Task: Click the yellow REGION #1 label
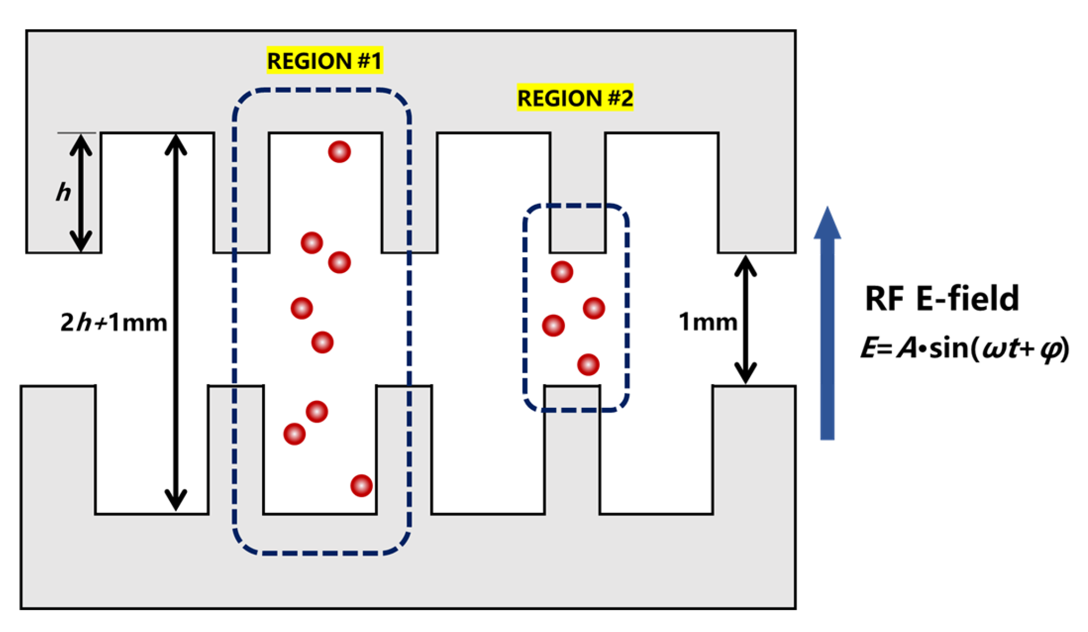(x=324, y=61)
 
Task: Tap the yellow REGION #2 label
(x=575, y=98)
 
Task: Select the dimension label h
(x=64, y=193)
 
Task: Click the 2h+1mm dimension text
(x=114, y=322)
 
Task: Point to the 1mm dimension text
(x=708, y=322)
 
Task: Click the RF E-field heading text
(x=942, y=298)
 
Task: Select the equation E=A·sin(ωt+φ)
(x=965, y=348)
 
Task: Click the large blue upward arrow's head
(x=827, y=224)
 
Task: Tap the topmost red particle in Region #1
(x=339, y=152)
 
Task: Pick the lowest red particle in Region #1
(x=361, y=485)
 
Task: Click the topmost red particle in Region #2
(x=562, y=272)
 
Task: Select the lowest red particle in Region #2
(x=588, y=364)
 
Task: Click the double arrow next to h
(x=81, y=193)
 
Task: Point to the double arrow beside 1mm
(x=746, y=319)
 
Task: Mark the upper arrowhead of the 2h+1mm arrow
(x=176, y=145)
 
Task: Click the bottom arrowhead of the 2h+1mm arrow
(x=176, y=500)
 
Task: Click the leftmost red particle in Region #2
(x=553, y=325)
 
